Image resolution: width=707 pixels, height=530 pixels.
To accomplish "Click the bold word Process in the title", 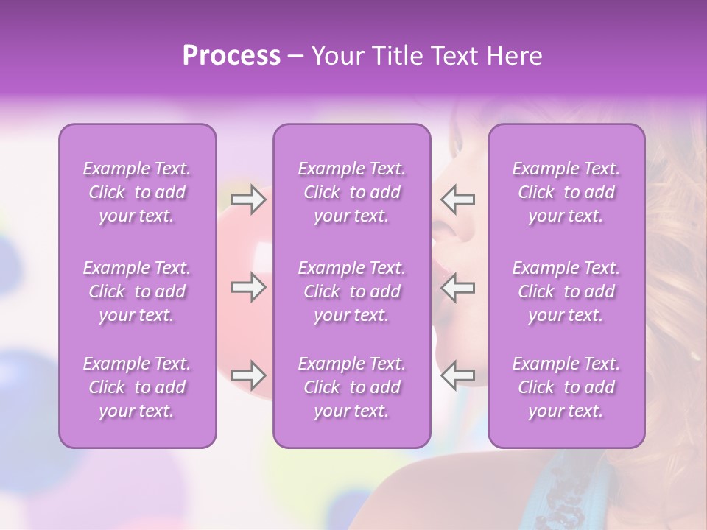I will [231, 56].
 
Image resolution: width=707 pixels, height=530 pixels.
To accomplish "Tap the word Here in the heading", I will [513, 56].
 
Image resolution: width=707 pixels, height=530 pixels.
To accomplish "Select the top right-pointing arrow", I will [248, 199].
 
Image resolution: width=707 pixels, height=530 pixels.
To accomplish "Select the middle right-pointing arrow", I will [248, 287].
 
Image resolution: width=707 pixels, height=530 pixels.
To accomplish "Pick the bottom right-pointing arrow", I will [248, 375].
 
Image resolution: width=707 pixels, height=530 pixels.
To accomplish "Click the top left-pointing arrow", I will [457, 199].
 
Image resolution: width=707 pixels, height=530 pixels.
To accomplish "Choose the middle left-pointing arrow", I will [457, 287].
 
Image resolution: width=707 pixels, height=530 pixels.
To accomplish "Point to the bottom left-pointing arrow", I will [457, 375].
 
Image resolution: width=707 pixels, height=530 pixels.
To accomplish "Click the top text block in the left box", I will [137, 192].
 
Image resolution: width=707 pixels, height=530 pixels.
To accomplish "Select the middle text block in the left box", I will [137, 291].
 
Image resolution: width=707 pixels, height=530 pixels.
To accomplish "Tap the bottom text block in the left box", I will [137, 387].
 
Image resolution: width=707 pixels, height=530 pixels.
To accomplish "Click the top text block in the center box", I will [351, 192].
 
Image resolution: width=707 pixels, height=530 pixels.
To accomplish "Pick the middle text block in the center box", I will [351, 291].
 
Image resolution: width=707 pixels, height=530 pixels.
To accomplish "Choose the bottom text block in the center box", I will [351, 387].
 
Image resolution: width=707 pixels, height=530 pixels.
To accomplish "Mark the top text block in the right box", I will [566, 192].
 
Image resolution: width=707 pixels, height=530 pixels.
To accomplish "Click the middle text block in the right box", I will [566, 291].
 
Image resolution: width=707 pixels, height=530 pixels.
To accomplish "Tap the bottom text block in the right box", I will [566, 387].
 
